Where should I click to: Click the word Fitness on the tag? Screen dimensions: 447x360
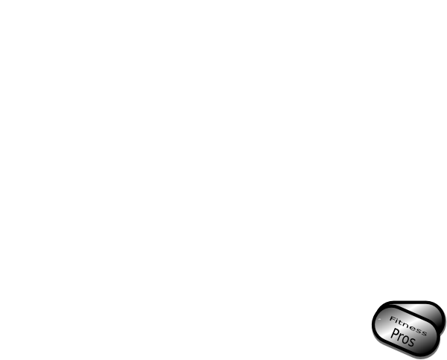[408, 326]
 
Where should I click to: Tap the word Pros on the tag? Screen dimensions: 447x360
[402, 338]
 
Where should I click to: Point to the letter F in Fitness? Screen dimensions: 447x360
[393, 319]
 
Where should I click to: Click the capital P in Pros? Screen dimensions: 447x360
[394, 333]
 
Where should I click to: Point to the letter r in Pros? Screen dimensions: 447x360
[400, 338]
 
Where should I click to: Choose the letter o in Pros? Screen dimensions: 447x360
[405, 340]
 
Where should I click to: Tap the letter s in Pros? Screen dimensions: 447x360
[412, 342]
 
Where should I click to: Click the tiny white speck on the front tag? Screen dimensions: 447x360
[379, 320]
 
